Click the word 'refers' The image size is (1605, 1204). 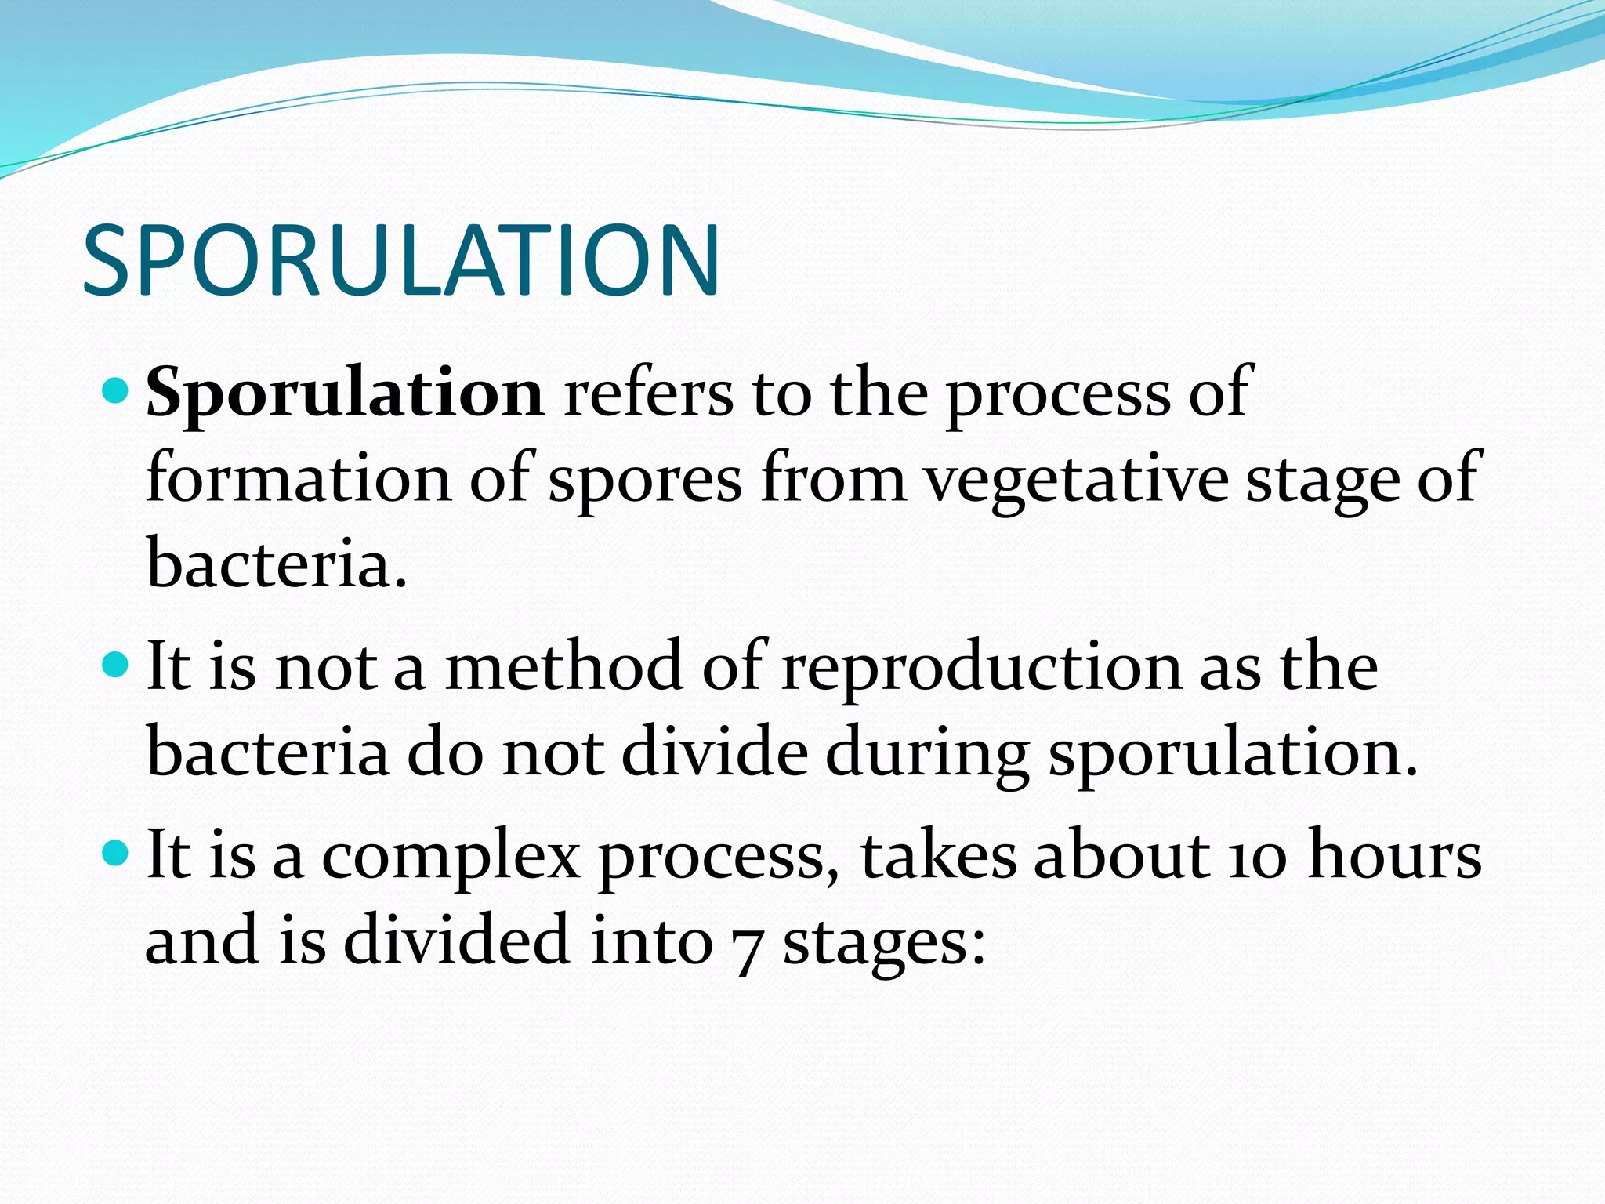(648, 393)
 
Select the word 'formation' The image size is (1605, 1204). (299, 480)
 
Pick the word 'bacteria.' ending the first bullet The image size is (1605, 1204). (277, 564)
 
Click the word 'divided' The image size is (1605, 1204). (456, 941)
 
